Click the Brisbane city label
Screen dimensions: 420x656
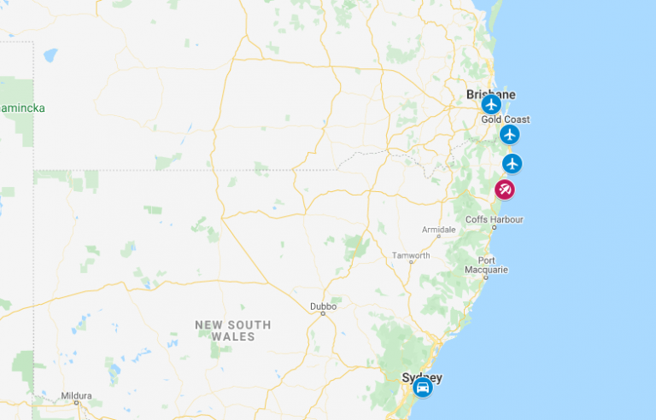click(x=490, y=94)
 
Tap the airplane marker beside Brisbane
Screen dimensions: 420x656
click(x=490, y=105)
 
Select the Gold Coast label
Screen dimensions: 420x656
click(x=505, y=120)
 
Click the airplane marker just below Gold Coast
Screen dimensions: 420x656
click(x=510, y=134)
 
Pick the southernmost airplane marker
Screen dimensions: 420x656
click(x=512, y=163)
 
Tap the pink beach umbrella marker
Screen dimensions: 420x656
click(x=505, y=190)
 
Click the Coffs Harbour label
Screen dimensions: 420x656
click(x=494, y=219)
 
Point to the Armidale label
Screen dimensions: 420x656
click(x=439, y=230)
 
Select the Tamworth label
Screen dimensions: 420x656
click(x=410, y=255)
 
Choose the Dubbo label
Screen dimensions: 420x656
click(x=323, y=305)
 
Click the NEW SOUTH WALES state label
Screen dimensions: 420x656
click(x=232, y=330)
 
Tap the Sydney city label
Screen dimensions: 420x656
click(x=422, y=376)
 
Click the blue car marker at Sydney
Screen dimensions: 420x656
click(x=422, y=388)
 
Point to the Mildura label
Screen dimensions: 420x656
click(x=76, y=396)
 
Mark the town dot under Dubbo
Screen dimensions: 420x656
click(x=323, y=313)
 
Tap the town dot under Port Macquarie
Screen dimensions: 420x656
click(x=486, y=277)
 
